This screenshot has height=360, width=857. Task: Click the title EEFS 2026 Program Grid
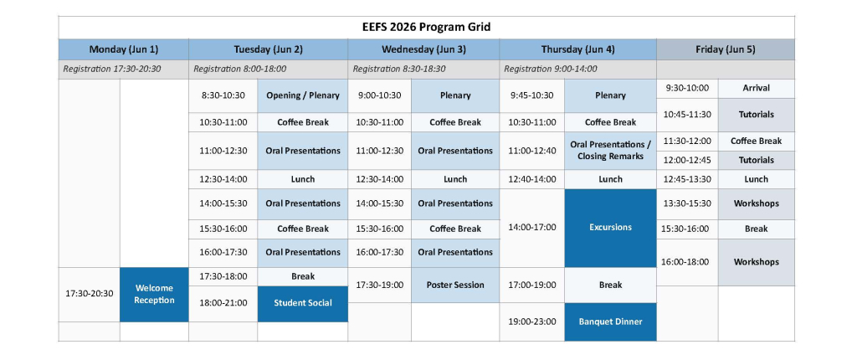tap(426, 27)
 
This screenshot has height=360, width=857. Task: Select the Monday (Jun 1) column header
tap(124, 49)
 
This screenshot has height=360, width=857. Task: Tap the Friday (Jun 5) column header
tap(726, 49)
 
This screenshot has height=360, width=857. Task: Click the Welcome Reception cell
tap(154, 295)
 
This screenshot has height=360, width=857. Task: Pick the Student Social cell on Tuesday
tap(303, 304)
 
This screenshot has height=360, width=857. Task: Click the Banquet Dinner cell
tap(610, 321)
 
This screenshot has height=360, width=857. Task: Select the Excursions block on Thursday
tap(610, 228)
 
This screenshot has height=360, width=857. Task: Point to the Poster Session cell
tap(455, 285)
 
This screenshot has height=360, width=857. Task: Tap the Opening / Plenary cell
tap(303, 95)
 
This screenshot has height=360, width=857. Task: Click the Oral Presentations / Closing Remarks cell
tap(610, 151)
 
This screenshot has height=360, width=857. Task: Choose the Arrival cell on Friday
tap(757, 88)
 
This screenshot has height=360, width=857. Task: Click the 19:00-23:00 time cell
tap(532, 321)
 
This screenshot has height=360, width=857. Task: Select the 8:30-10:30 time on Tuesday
tap(223, 95)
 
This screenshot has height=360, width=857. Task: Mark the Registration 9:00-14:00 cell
tap(577, 69)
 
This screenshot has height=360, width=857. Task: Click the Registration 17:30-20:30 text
tap(112, 69)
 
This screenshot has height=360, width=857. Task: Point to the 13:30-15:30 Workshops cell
tap(757, 203)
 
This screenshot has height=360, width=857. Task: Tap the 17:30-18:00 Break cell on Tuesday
tap(303, 277)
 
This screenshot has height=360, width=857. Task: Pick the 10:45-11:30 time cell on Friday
tap(687, 115)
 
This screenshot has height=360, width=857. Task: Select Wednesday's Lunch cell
tap(455, 179)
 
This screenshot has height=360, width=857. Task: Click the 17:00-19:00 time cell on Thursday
tap(532, 285)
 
